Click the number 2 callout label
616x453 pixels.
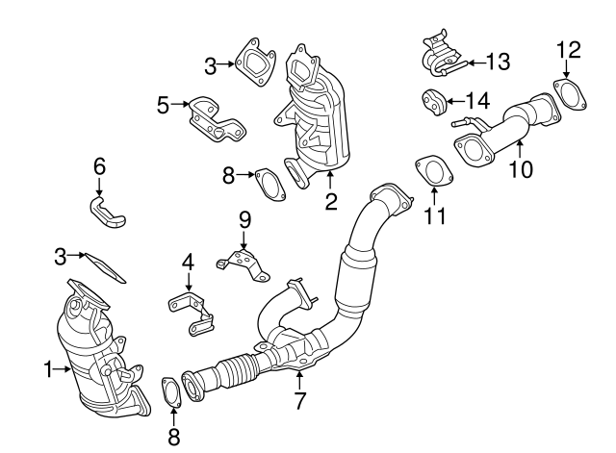330,202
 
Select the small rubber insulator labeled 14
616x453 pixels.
433,99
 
